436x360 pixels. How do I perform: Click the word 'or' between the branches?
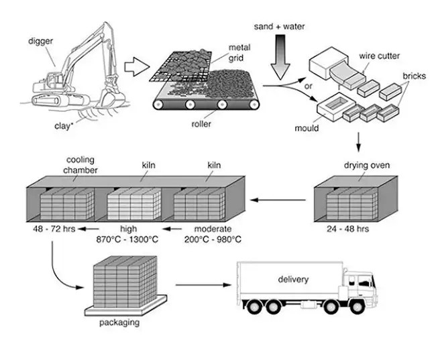pos(307,86)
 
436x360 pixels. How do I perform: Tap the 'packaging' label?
pos(119,322)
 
